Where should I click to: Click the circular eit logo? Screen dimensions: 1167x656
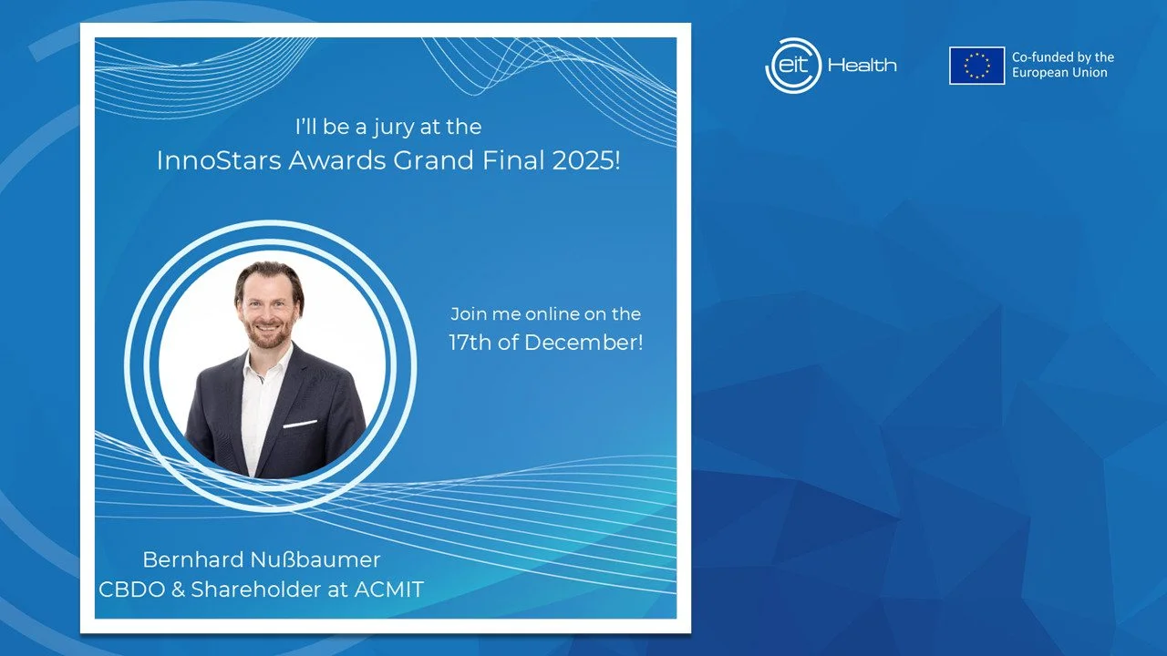point(793,66)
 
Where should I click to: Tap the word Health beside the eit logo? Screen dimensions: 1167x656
point(862,66)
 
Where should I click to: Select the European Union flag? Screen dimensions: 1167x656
point(976,66)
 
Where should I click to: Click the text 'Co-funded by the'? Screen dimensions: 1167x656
point(1063,57)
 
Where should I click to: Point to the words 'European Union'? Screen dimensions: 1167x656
point(1059,73)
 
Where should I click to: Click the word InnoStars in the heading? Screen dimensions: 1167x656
point(219,159)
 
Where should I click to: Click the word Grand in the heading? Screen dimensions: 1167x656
point(433,159)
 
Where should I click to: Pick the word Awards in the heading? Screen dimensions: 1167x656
point(337,159)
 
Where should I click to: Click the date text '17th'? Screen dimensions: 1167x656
point(470,343)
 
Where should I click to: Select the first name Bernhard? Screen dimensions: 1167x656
point(193,559)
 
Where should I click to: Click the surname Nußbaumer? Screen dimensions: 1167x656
point(315,559)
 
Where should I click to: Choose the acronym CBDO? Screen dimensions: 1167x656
point(132,589)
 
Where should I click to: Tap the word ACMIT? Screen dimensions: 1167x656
point(389,589)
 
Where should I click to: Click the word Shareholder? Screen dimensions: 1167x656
point(256,589)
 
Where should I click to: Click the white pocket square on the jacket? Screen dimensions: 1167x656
point(300,424)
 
